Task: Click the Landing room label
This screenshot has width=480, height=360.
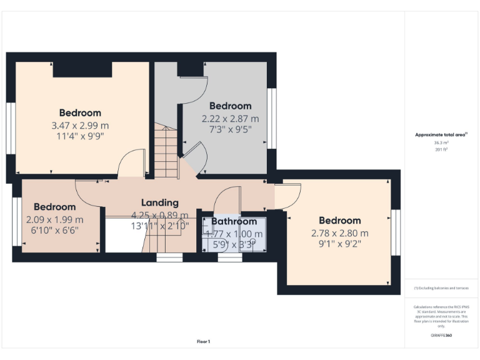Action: click(x=160, y=202)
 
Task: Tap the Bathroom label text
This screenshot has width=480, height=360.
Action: click(x=234, y=221)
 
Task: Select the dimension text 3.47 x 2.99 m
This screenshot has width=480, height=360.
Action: click(x=80, y=126)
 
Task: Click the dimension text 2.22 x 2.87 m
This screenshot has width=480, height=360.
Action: click(x=230, y=119)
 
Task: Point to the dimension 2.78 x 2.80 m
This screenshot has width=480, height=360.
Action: click(x=340, y=233)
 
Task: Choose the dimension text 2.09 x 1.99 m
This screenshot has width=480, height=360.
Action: click(x=55, y=219)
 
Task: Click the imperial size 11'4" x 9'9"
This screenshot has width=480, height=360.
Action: click(x=80, y=137)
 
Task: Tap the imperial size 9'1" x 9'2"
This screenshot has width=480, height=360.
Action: click(x=340, y=244)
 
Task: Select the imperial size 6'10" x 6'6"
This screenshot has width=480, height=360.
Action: click(x=55, y=231)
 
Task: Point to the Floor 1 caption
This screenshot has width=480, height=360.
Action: click(x=203, y=341)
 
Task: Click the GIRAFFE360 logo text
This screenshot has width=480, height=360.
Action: click(x=441, y=336)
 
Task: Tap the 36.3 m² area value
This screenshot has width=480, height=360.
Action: click(x=441, y=142)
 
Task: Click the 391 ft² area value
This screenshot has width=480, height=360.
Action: click(x=441, y=149)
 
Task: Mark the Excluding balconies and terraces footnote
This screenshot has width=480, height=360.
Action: click(x=441, y=288)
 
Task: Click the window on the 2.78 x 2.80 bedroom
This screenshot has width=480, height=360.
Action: click(x=396, y=232)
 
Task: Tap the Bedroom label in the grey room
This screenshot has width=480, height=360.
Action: click(x=230, y=106)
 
